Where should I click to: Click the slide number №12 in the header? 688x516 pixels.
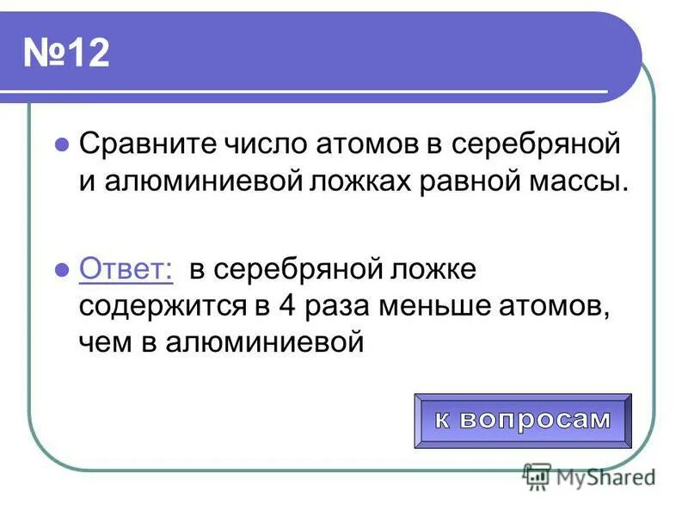(66, 54)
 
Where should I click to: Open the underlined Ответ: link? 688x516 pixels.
(126, 268)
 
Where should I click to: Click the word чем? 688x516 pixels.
(103, 343)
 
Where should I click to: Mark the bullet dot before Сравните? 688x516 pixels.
(61, 145)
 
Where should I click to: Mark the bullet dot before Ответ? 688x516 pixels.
(61, 269)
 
